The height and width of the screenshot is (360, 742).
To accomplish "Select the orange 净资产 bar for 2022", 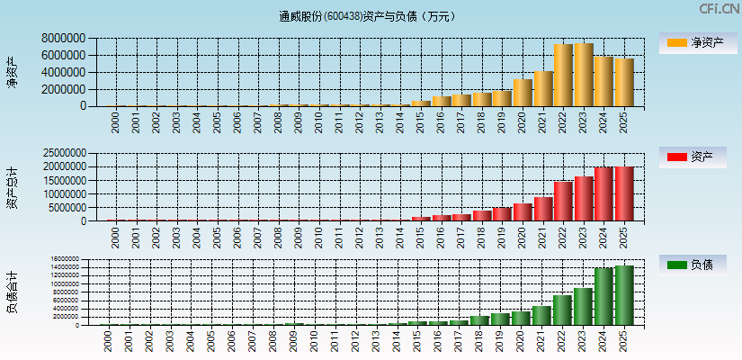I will click(563, 75).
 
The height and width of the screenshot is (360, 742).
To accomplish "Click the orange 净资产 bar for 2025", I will click(624, 82).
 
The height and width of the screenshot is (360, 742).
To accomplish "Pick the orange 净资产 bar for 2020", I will click(523, 92).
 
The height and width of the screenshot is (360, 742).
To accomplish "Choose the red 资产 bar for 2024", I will click(603, 193).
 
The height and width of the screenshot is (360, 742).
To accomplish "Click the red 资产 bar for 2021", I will click(542, 209).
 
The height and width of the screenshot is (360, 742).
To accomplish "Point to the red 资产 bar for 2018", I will click(482, 215).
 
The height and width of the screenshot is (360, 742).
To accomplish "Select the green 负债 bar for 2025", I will click(624, 295).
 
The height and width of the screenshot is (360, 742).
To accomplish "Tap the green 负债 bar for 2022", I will click(563, 310).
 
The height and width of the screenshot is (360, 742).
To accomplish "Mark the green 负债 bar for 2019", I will click(502, 319).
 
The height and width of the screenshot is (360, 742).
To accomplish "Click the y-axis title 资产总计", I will click(13, 187).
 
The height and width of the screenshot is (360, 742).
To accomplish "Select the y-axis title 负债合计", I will click(13, 292).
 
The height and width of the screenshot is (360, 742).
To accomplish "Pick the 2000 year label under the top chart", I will click(115, 122).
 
